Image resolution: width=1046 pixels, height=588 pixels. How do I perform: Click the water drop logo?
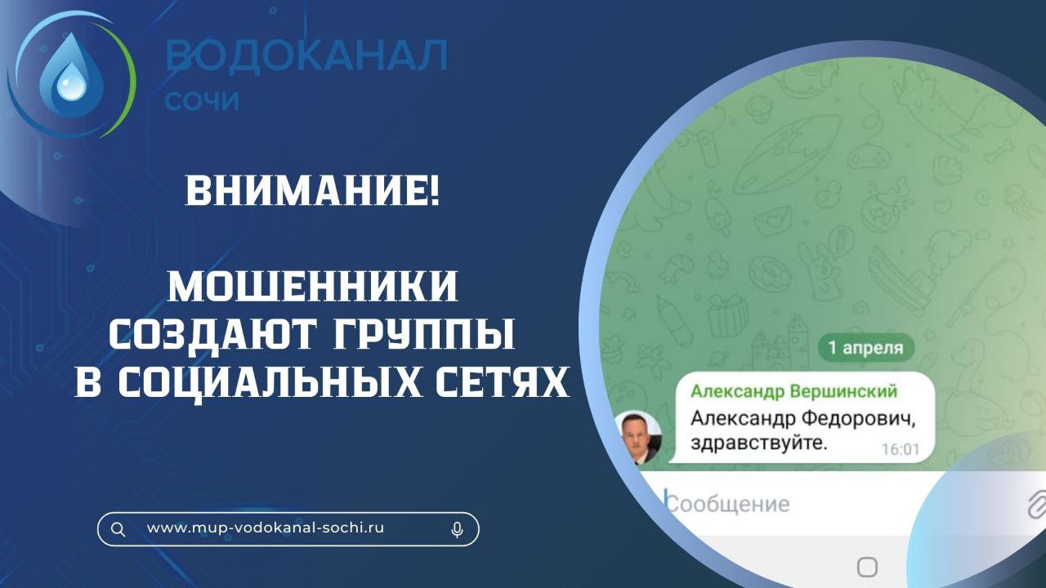coord(70,74)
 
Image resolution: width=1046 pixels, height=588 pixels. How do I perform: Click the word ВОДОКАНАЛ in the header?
coord(306,55)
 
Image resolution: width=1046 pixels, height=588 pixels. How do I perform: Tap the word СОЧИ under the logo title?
coord(202,100)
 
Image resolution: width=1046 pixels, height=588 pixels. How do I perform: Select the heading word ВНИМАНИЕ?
coord(312,190)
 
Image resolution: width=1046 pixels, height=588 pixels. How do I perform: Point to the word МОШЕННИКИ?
coord(312,286)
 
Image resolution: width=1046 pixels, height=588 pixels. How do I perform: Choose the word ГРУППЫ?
coord(424,334)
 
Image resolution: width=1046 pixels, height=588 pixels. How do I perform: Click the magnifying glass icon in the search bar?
coord(118,529)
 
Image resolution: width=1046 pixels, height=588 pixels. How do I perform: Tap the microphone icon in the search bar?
coord(457,530)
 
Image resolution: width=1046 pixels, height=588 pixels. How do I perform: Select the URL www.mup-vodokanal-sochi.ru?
coord(266,528)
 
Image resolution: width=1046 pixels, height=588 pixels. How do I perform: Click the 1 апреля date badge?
coord(866,348)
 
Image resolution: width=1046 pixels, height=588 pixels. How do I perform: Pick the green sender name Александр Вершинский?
coord(793,391)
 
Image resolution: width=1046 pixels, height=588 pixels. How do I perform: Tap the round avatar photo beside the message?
coord(638,438)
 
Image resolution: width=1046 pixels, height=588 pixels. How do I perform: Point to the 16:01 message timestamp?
coord(901,449)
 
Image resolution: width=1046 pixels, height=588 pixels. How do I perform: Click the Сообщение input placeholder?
coord(728,504)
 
